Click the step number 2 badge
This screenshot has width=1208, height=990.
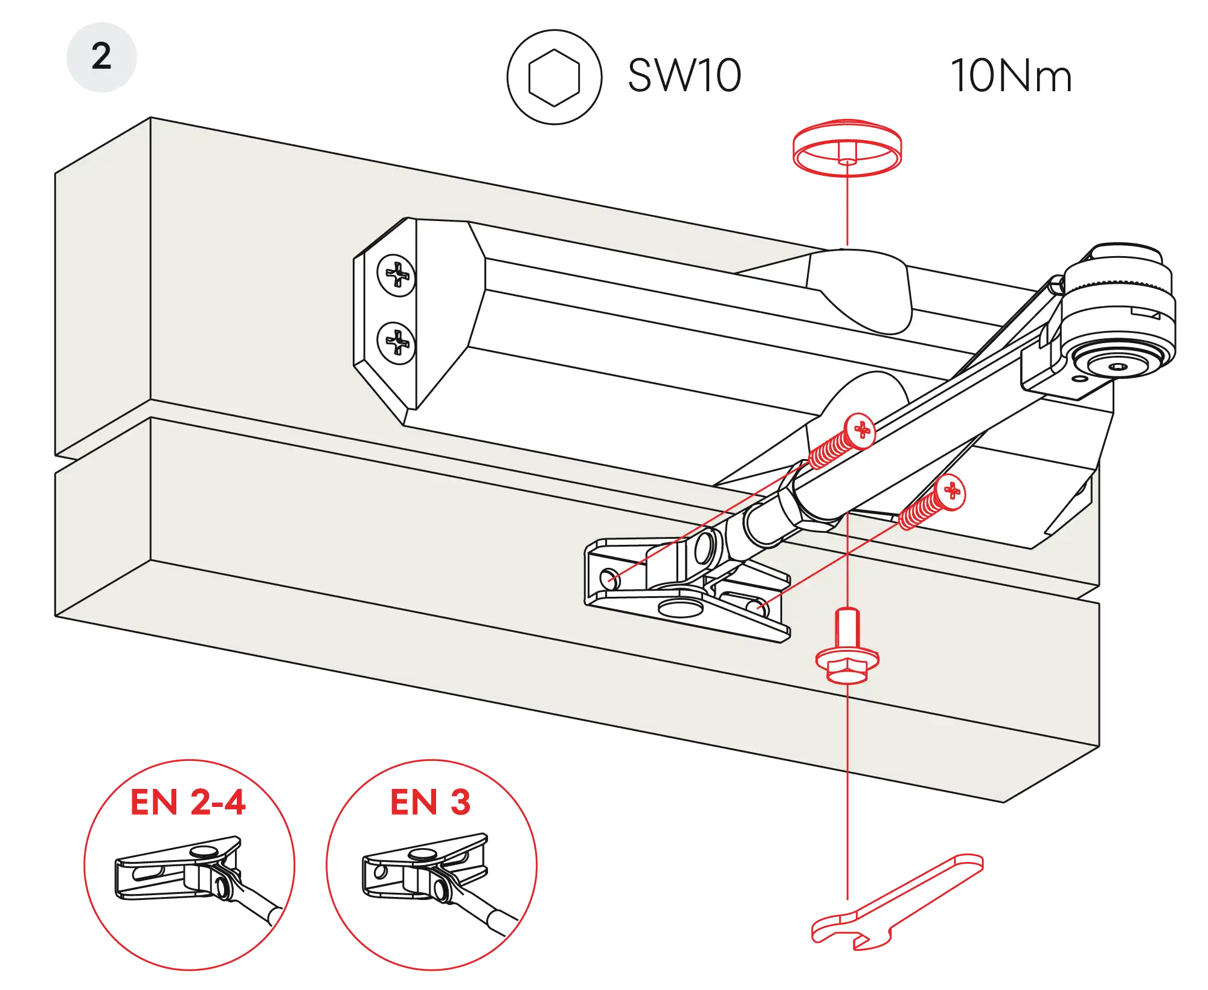click(x=101, y=57)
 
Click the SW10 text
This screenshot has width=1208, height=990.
click(x=684, y=76)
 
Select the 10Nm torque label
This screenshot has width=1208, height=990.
click(x=1012, y=77)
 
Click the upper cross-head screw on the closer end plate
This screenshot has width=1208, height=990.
click(x=396, y=275)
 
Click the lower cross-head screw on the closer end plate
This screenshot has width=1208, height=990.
click(x=396, y=342)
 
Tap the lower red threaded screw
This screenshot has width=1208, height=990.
click(x=933, y=503)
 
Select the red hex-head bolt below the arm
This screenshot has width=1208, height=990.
click(x=847, y=655)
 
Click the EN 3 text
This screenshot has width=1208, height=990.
click(x=430, y=802)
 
